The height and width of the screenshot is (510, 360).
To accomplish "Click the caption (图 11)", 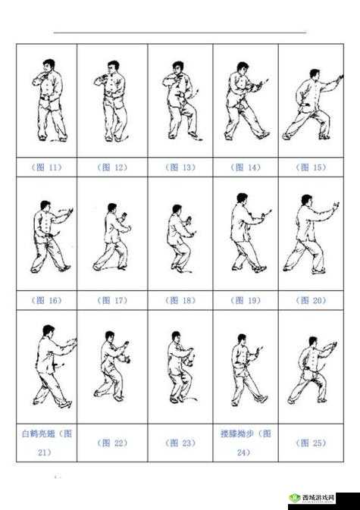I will click(x=47, y=167).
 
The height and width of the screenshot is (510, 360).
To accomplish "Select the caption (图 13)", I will click(x=180, y=167).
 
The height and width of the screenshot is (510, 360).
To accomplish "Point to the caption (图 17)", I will click(x=112, y=300).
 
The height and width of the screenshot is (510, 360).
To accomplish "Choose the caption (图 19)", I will click(x=245, y=300).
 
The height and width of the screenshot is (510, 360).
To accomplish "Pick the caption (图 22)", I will click(x=112, y=443).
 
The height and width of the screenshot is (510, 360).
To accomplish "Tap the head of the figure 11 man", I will click(x=49, y=65).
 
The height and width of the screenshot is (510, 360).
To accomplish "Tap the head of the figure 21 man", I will click(x=49, y=331).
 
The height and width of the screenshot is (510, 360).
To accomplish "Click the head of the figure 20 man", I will click(x=305, y=201).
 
